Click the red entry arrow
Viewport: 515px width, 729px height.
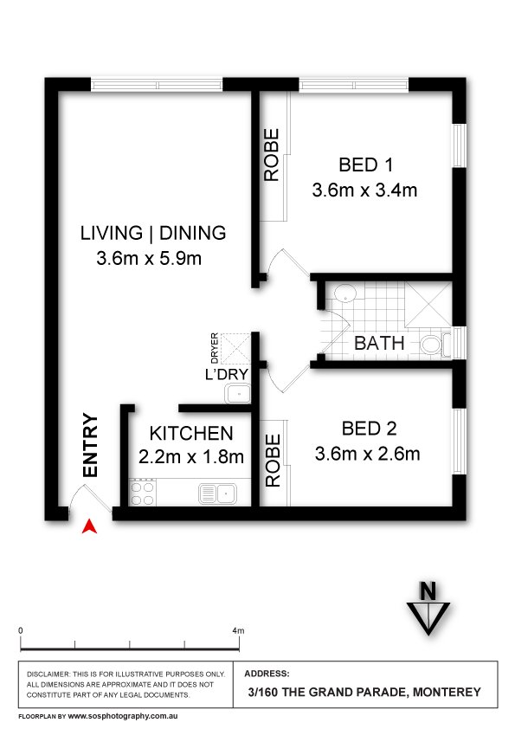click(x=89, y=526)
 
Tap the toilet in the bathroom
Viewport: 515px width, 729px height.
click(x=435, y=345)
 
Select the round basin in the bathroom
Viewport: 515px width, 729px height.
click(x=345, y=294)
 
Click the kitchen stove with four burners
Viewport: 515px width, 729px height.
click(x=142, y=493)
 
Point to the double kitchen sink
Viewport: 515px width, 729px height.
click(x=217, y=494)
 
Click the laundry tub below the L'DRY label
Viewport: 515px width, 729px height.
click(x=238, y=393)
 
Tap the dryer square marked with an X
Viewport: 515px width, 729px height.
click(x=235, y=348)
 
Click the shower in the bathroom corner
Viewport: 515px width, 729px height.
click(x=428, y=305)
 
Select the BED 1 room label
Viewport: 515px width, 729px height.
click(x=366, y=165)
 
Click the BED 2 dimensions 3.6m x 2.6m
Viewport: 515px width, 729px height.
click(x=367, y=454)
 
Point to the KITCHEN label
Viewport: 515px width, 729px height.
click(x=191, y=433)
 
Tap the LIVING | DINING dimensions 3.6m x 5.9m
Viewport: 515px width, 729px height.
click(x=149, y=259)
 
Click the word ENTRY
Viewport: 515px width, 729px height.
click(x=90, y=445)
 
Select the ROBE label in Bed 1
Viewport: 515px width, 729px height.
click(x=272, y=155)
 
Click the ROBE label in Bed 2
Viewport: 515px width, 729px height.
click(x=273, y=461)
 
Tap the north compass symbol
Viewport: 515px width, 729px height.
click(x=428, y=608)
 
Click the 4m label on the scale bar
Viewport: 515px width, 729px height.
click(x=238, y=631)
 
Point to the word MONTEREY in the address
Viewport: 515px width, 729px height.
click(x=447, y=693)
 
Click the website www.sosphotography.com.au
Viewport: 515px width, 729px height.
click(x=123, y=717)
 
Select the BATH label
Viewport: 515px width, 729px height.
click(x=379, y=343)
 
